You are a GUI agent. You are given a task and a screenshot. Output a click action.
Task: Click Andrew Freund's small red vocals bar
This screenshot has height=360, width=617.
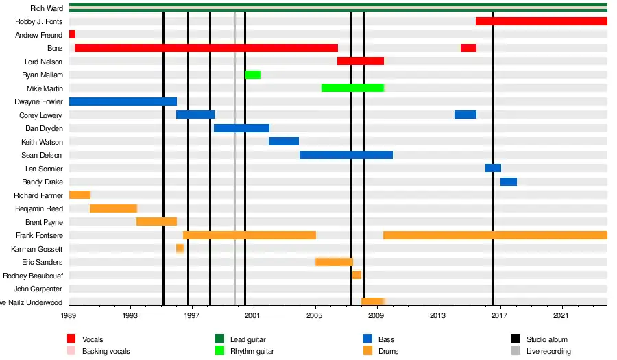(72, 34)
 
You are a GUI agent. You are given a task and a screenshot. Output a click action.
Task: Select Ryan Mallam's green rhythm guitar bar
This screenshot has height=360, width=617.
(252, 75)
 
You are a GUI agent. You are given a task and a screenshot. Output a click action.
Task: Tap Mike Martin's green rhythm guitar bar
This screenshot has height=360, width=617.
(352, 88)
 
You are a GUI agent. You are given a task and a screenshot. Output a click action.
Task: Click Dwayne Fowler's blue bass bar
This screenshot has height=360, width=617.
(123, 101)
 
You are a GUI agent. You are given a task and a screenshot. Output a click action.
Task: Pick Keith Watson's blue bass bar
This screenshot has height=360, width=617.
(284, 141)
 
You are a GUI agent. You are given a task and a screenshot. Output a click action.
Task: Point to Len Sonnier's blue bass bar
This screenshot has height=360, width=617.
(493, 168)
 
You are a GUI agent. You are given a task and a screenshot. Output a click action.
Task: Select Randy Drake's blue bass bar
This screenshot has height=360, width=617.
(509, 182)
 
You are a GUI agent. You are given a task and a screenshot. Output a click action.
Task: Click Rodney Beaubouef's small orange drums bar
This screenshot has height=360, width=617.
(356, 275)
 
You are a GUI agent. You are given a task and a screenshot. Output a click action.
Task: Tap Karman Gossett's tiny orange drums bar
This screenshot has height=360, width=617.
(180, 248)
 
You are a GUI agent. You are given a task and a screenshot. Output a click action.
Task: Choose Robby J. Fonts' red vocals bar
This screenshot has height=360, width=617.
(542, 21)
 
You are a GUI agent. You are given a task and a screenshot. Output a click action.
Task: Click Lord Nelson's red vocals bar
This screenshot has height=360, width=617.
(361, 61)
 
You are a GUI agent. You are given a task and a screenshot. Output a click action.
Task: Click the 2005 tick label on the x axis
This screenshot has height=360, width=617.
(315, 316)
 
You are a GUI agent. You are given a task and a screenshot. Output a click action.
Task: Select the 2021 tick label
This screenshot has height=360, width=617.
(562, 316)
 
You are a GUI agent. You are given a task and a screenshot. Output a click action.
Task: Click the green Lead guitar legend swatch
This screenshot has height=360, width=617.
(219, 339)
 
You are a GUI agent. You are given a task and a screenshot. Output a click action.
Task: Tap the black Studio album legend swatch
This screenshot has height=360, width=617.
(516, 339)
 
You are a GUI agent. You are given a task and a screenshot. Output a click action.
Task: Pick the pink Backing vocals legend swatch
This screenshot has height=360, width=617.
(71, 351)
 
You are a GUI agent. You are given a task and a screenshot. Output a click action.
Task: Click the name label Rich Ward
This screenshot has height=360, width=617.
(47, 8)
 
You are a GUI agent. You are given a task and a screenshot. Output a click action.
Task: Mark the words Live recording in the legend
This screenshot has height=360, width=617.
(548, 351)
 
